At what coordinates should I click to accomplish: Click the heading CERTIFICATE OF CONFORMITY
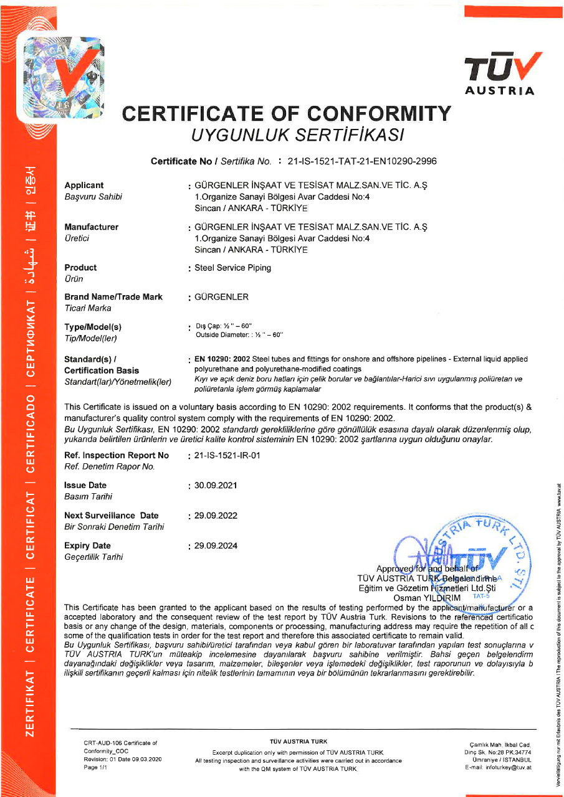click(287, 113)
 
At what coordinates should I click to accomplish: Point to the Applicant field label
click(84, 186)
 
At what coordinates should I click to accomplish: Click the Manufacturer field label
click(91, 227)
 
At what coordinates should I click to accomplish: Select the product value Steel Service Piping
click(233, 268)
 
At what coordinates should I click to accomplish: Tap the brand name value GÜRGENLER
click(222, 297)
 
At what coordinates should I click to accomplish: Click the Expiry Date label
click(88, 545)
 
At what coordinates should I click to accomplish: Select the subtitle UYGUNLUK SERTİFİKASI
click(298, 134)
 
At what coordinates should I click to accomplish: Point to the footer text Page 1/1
click(95, 768)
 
